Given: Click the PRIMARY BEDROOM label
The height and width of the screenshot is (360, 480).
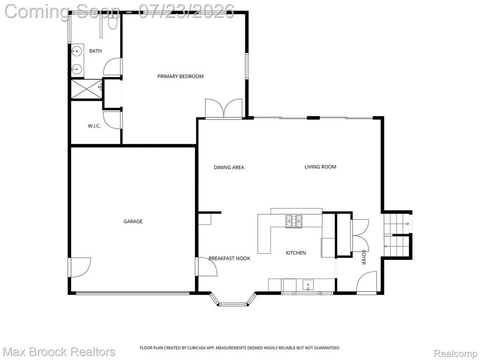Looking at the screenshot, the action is pyautogui.click(x=180, y=76).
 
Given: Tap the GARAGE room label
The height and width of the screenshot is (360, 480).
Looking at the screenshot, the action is pyautogui.click(x=133, y=221).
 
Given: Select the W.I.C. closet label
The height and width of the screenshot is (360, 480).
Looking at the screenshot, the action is pyautogui.click(x=94, y=126).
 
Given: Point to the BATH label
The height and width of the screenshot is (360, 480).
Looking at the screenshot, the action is pyautogui.click(x=95, y=51).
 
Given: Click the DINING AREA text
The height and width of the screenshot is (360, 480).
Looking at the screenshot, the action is pyautogui.click(x=229, y=167).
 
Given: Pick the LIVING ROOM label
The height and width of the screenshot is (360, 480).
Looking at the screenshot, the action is pyautogui.click(x=320, y=167).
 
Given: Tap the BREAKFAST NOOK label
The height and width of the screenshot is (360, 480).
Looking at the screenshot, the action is pyautogui.click(x=229, y=258).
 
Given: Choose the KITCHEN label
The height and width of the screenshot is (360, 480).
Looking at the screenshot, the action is pyautogui.click(x=296, y=253).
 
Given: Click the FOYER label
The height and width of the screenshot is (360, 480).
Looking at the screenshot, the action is pyautogui.click(x=364, y=257).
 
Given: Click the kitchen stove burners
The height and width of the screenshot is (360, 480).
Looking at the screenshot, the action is pyautogui.click(x=294, y=221).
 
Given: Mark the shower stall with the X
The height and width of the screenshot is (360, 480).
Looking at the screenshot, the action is pyautogui.click(x=86, y=89).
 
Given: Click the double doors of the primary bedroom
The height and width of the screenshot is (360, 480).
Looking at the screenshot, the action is pyautogui.click(x=224, y=108).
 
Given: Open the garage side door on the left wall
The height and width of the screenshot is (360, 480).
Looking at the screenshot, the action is pyautogui.click(x=80, y=267).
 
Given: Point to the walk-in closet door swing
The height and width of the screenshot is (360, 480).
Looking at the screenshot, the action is pyautogui.click(x=112, y=120).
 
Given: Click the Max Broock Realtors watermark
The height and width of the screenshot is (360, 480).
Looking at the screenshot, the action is pyautogui.click(x=60, y=352).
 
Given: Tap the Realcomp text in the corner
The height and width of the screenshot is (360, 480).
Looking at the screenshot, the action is pyautogui.click(x=455, y=353).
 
